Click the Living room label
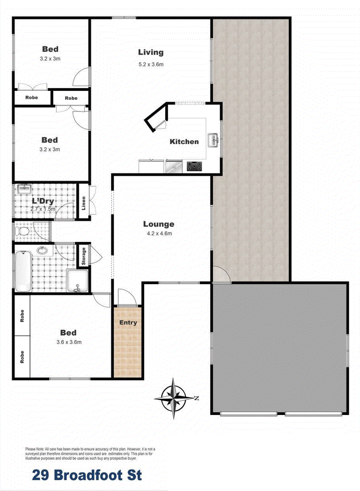(x=151, y=53)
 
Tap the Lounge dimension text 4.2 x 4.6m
(x=159, y=233)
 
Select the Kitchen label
(x=184, y=142)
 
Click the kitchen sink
(x=213, y=140)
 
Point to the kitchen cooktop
(x=194, y=166)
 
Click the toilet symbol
(x=22, y=232)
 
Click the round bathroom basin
(x=41, y=250)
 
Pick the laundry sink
(x=24, y=189)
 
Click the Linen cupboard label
(x=83, y=203)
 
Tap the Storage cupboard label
(x=84, y=256)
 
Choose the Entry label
(x=128, y=322)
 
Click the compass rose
(x=174, y=398)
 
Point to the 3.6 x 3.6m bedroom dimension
(x=69, y=342)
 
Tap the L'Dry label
(x=43, y=201)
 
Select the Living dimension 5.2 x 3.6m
(x=151, y=64)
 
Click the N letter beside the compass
(x=197, y=398)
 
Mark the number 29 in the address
(x=41, y=475)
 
